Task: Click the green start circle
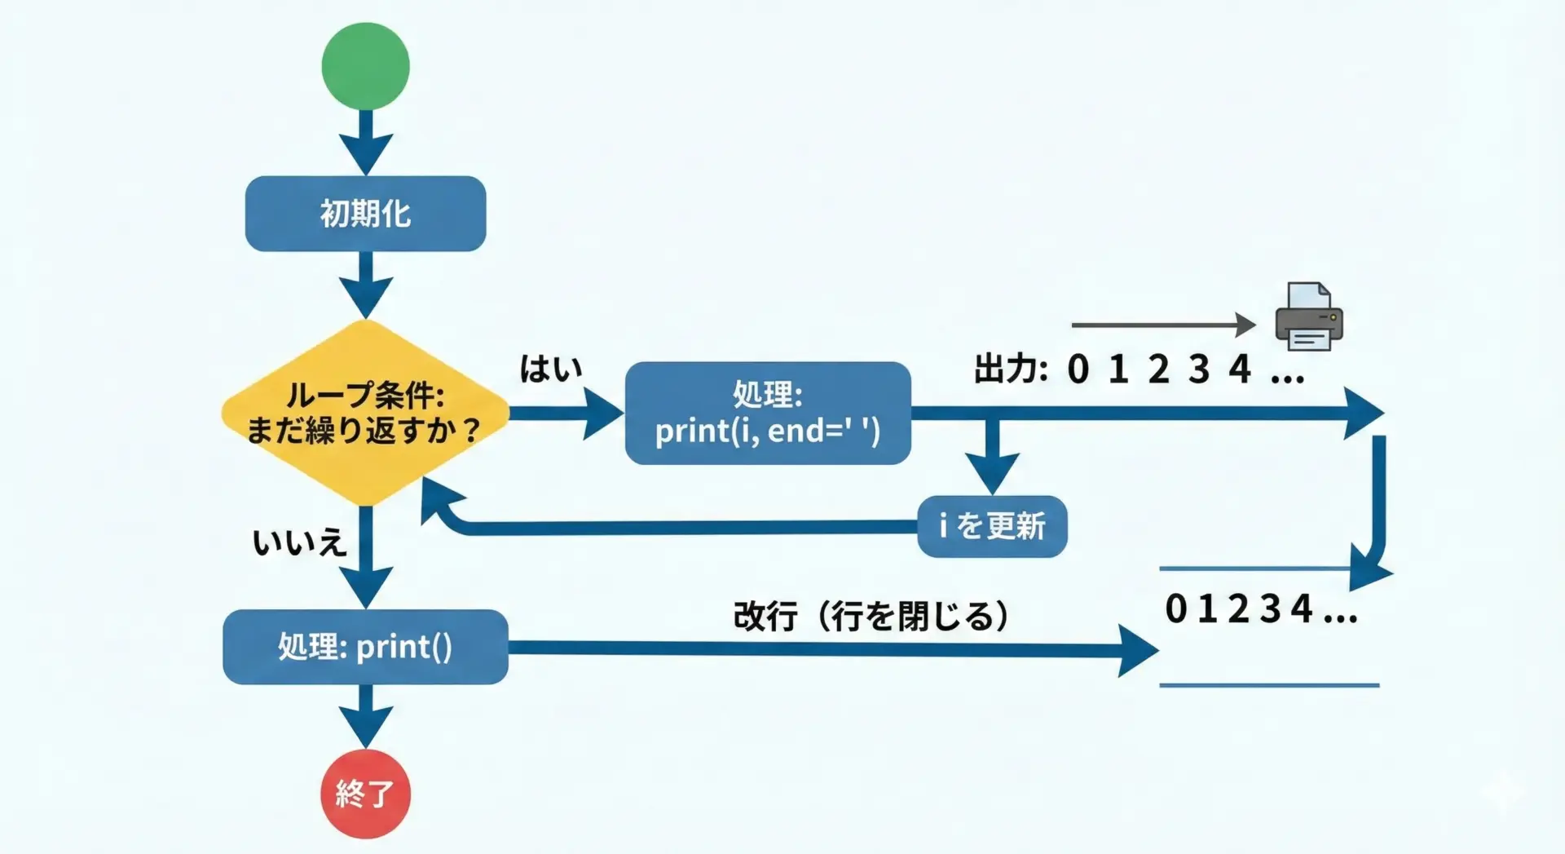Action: click(365, 66)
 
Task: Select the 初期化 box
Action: click(365, 214)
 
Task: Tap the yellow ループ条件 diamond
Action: click(365, 412)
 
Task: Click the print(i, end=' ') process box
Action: click(767, 414)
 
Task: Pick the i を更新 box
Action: click(992, 527)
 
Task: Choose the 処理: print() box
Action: click(365, 647)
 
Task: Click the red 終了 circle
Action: click(365, 794)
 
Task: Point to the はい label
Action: click(551, 369)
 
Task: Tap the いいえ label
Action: click(299, 542)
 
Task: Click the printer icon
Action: click(1308, 317)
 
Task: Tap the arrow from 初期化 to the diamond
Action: click(365, 286)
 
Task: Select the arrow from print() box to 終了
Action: click(365, 717)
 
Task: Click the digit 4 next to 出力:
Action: click(1240, 369)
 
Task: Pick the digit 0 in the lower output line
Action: click(1175, 609)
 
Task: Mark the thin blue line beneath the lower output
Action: click(1269, 685)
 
